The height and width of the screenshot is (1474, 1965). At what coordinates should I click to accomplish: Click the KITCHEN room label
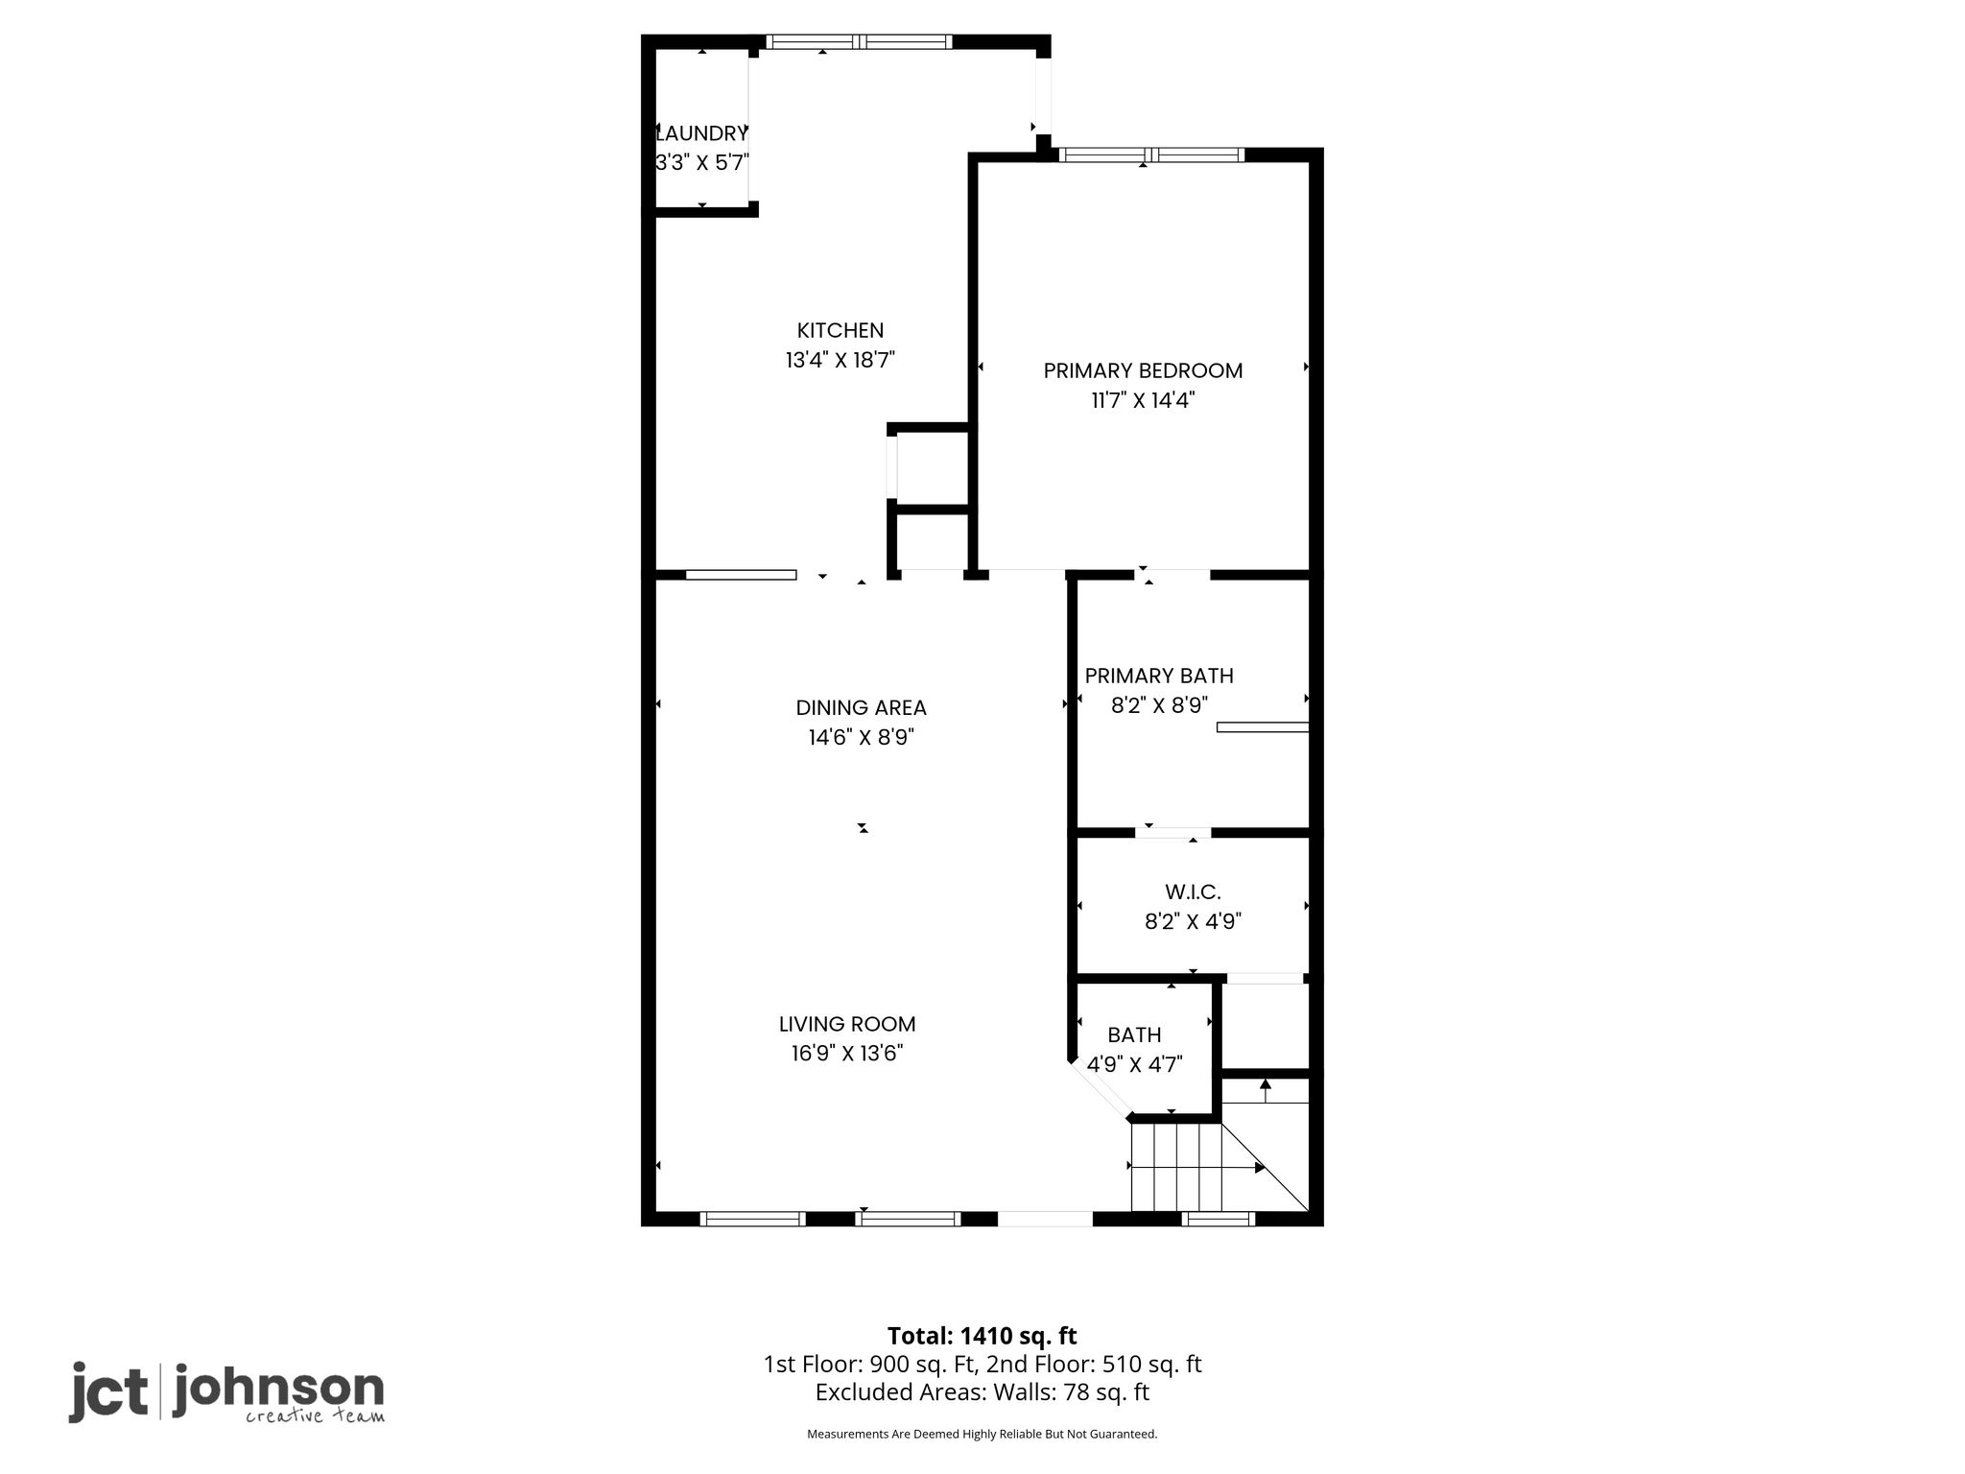(x=840, y=330)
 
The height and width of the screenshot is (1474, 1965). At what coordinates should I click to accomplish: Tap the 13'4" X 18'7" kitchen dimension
(x=840, y=360)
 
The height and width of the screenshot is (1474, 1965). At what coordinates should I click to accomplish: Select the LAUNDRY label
(x=701, y=133)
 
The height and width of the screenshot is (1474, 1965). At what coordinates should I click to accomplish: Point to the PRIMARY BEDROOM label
(x=1143, y=370)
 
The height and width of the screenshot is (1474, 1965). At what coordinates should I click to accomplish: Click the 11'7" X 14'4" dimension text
(x=1143, y=400)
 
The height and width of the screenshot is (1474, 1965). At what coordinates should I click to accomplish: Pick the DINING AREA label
(x=861, y=708)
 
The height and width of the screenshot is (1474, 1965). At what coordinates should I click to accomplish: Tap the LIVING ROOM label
(x=847, y=1024)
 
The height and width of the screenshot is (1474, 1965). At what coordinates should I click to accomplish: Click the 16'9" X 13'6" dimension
(x=847, y=1054)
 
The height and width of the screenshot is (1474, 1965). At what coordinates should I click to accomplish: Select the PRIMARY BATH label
(x=1159, y=676)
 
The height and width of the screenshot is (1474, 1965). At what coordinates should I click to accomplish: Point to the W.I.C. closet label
(x=1193, y=892)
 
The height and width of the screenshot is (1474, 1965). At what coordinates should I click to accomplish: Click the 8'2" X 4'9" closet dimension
(x=1193, y=922)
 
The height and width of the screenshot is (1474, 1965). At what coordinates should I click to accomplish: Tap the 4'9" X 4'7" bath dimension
(x=1134, y=1064)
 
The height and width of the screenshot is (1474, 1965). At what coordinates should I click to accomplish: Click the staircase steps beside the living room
(x=1177, y=1168)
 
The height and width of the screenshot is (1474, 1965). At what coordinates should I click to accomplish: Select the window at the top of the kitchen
(x=860, y=41)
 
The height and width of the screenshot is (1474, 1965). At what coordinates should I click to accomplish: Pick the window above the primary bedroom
(x=1151, y=155)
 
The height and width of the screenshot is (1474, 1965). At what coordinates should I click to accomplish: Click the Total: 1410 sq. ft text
(x=982, y=1336)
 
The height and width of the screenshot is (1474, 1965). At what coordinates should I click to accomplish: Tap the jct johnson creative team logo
(x=226, y=1392)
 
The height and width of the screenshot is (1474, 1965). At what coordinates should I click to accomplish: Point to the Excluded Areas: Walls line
(x=982, y=1392)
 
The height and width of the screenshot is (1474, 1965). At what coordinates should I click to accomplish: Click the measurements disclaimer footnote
(x=982, y=1435)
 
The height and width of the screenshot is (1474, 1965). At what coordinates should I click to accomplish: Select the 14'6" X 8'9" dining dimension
(x=861, y=737)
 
